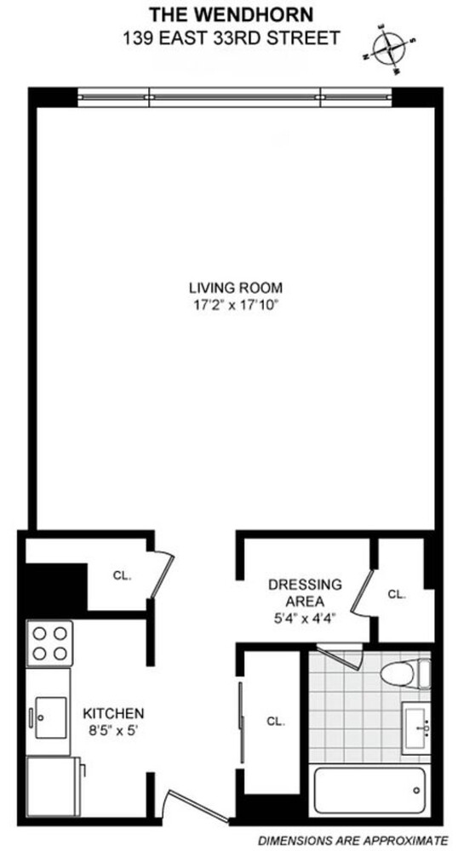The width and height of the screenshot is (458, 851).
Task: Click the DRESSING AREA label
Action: pos(304,591)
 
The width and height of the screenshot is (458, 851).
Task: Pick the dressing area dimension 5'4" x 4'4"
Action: pos(304,618)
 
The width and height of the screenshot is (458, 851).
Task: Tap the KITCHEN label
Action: pos(113,712)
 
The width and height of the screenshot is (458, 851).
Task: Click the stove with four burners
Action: pos(49,643)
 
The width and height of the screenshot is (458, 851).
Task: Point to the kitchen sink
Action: pos(49,712)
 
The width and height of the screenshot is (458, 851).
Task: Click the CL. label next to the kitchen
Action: pos(122,575)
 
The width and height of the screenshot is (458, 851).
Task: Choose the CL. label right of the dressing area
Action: pos(397,594)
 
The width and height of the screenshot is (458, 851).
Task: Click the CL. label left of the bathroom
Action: pos(274,721)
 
